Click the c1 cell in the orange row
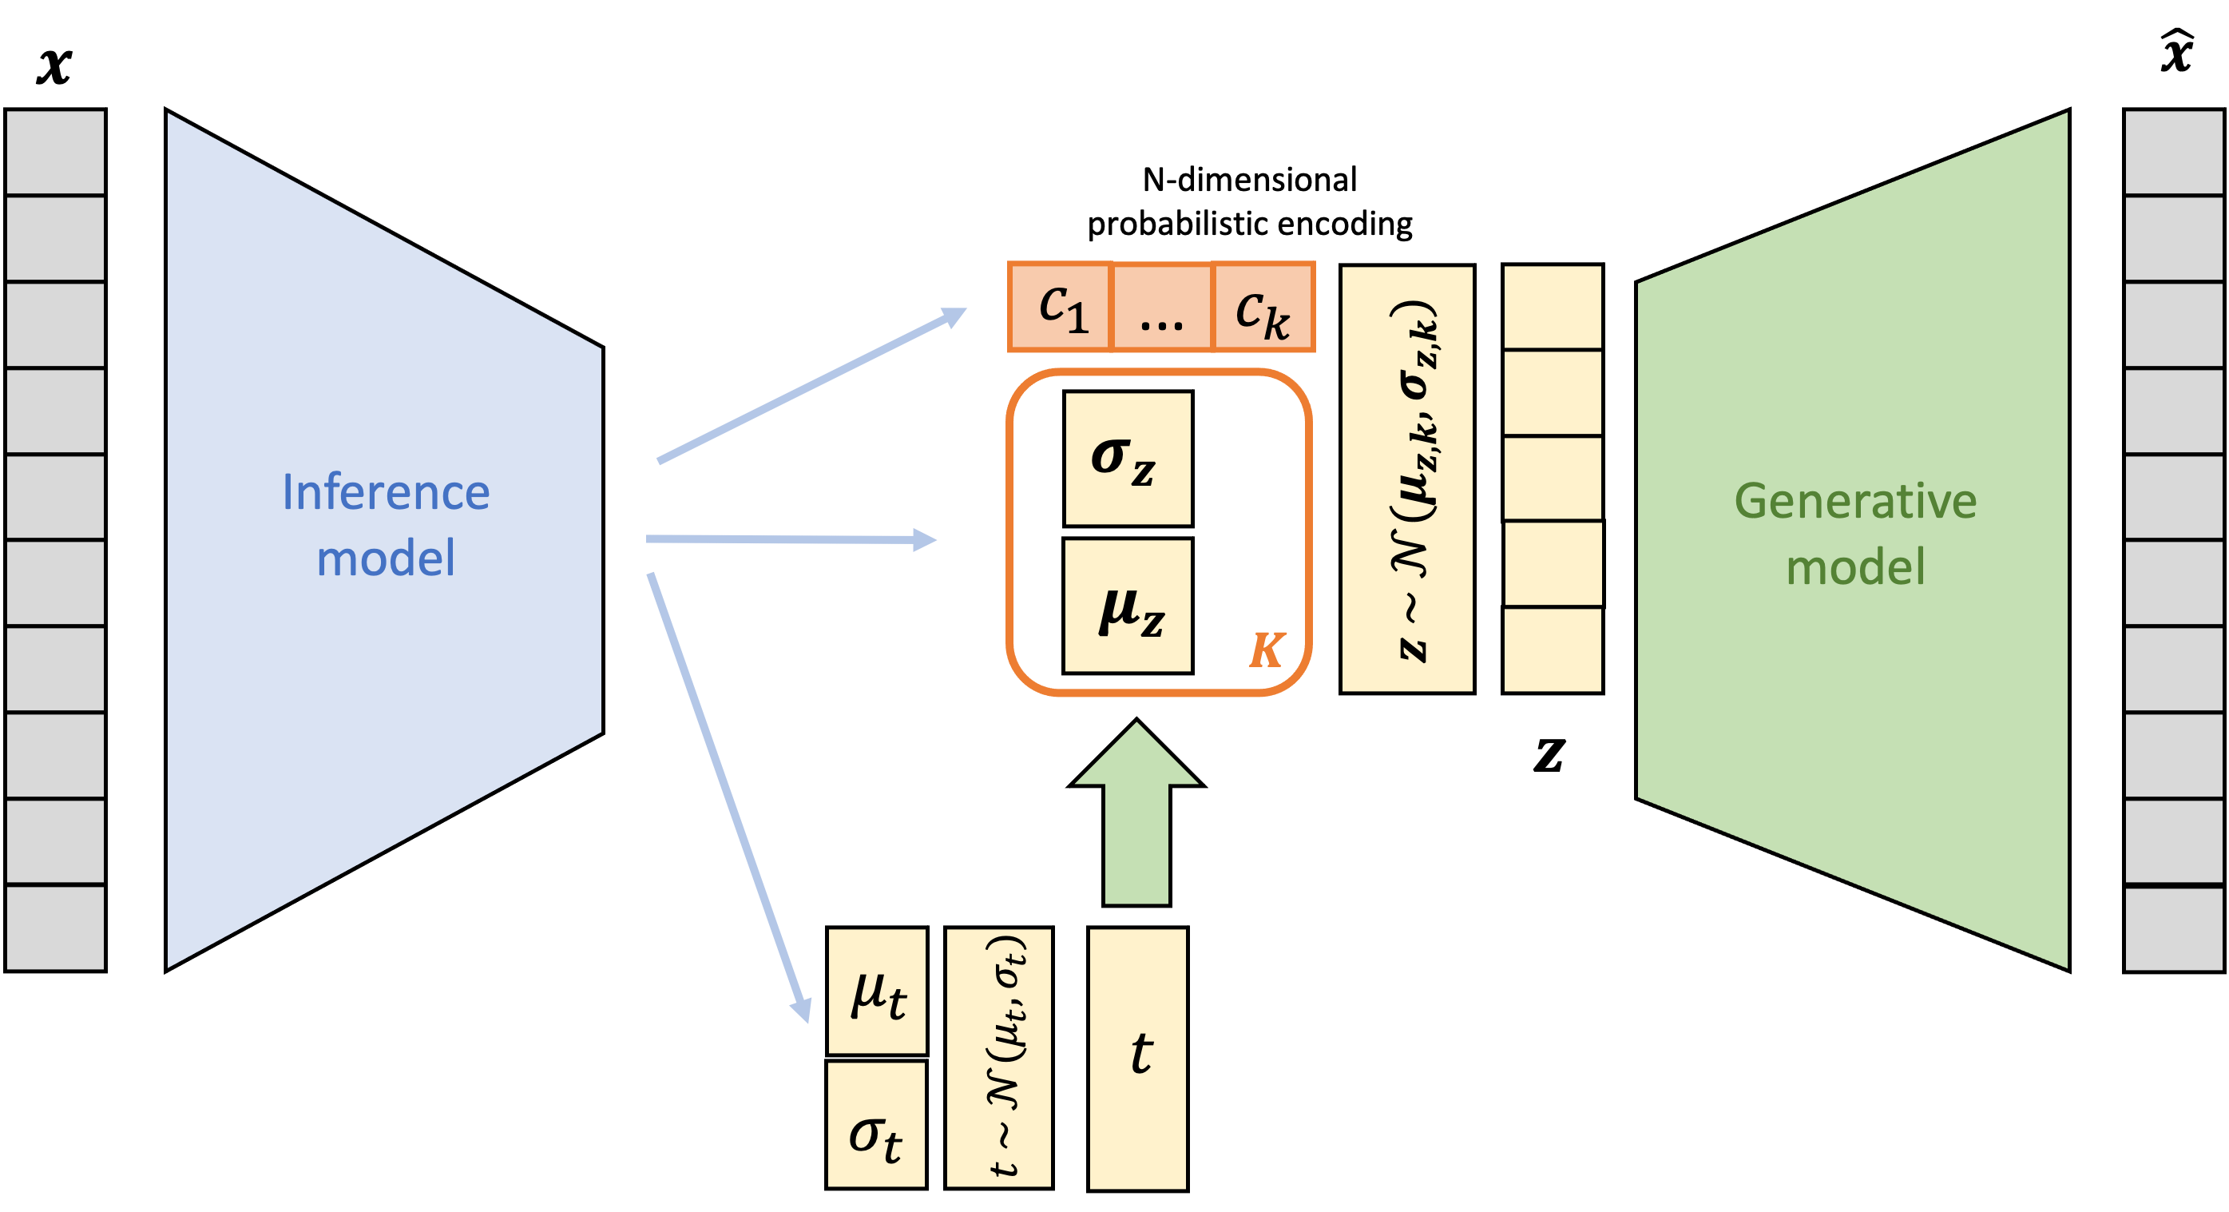(1060, 308)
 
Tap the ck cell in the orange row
(1263, 308)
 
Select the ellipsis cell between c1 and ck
(1161, 308)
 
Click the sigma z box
(1128, 459)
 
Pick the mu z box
(1128, 606)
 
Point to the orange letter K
(1267, 650)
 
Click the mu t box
(877, 991)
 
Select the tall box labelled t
(1138, 1058)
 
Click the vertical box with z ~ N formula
(1407, 479)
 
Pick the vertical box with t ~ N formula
(998, 1058)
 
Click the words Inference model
(386, 525)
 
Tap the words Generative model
(1855, 533)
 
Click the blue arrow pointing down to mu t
(728, 797)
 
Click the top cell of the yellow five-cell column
(1553, 308)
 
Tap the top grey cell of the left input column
(55, 153)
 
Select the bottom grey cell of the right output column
(2174, 928)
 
